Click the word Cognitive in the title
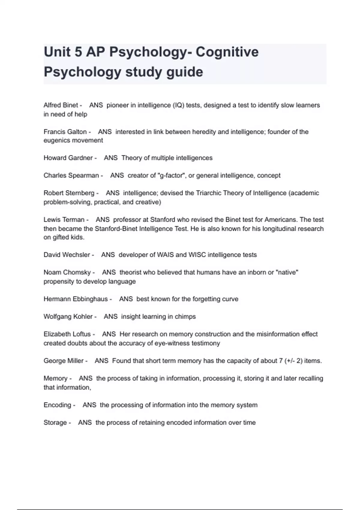[x=227, y=52]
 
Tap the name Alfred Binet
[x=61, y=105]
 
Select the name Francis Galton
[x=65, y=132]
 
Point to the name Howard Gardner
[x=68, y=158]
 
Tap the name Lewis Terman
[x=64, y=220]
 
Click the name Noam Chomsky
[x=67, y=272]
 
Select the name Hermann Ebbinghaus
[x=76, y=299]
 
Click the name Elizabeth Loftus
[x=67, y=334]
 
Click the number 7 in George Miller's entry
[x=281, y=361]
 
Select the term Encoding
[x=57, y=405]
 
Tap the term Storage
[x=55, y=423]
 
